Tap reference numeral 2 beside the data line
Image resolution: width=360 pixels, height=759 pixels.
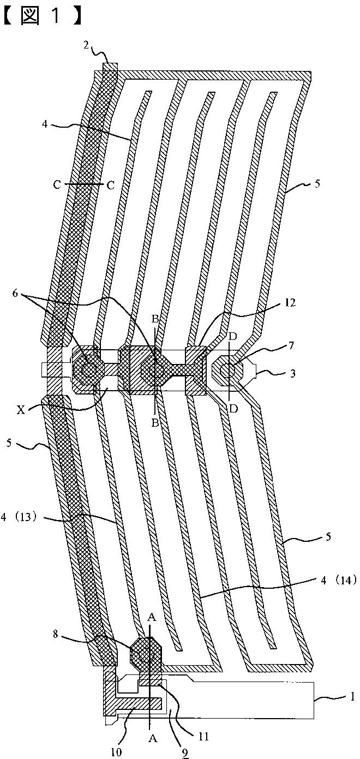pos(87,45)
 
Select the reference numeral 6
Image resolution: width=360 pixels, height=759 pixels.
pos(15,293)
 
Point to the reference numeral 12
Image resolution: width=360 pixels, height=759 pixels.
pos(290,302)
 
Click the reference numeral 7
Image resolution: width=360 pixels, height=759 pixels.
pos(291,345)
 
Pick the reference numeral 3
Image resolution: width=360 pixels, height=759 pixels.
pos(292,373)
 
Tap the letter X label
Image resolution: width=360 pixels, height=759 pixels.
pos(21,410)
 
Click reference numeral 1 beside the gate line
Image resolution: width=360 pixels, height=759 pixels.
pos(352,696)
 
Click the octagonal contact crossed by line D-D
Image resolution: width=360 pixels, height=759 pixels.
pos(227,370)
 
